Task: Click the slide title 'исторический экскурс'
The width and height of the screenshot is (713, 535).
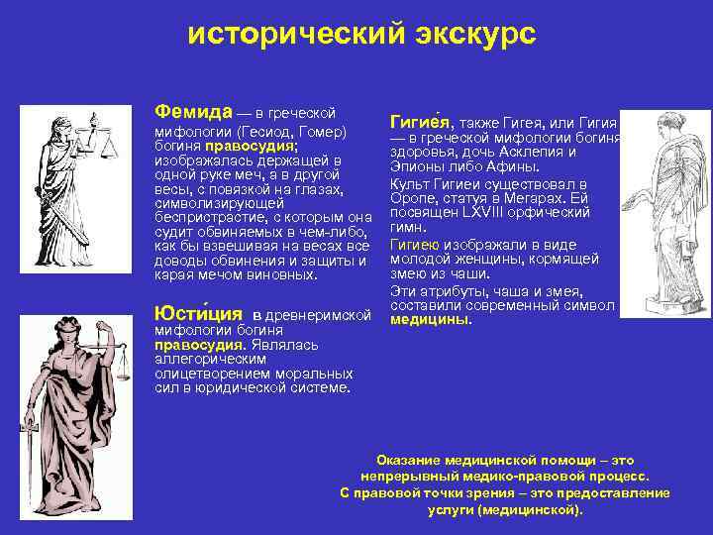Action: click(x=361, y=34)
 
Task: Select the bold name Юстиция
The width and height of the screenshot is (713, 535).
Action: click(x=199, y=314)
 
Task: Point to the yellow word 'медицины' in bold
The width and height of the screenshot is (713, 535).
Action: click(x=430, y=320)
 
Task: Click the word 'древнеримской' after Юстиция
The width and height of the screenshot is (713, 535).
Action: click(x=322, y=314)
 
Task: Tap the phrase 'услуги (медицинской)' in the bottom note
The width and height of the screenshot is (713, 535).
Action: click(x=505, y=509)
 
